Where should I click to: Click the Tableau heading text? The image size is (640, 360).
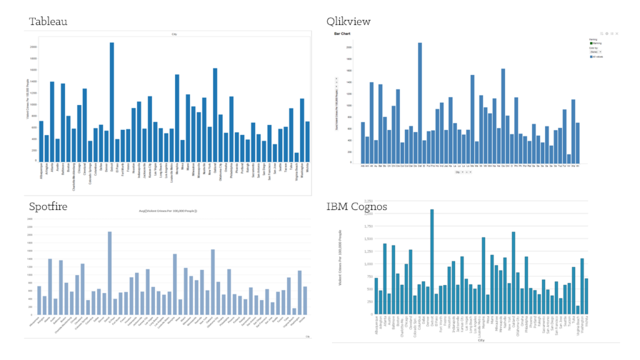tap(48, 22)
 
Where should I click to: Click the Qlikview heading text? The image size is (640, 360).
tap(348, 22)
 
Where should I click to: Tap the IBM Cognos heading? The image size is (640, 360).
tap(356, 206)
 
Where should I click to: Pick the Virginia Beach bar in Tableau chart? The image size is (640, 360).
tap(296, 156)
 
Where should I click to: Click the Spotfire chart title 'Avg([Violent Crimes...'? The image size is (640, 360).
tap(167, 211)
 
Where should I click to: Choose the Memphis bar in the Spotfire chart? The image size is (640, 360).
tap(175, 284)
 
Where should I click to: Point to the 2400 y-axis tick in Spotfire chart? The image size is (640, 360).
tap(29, 219)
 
